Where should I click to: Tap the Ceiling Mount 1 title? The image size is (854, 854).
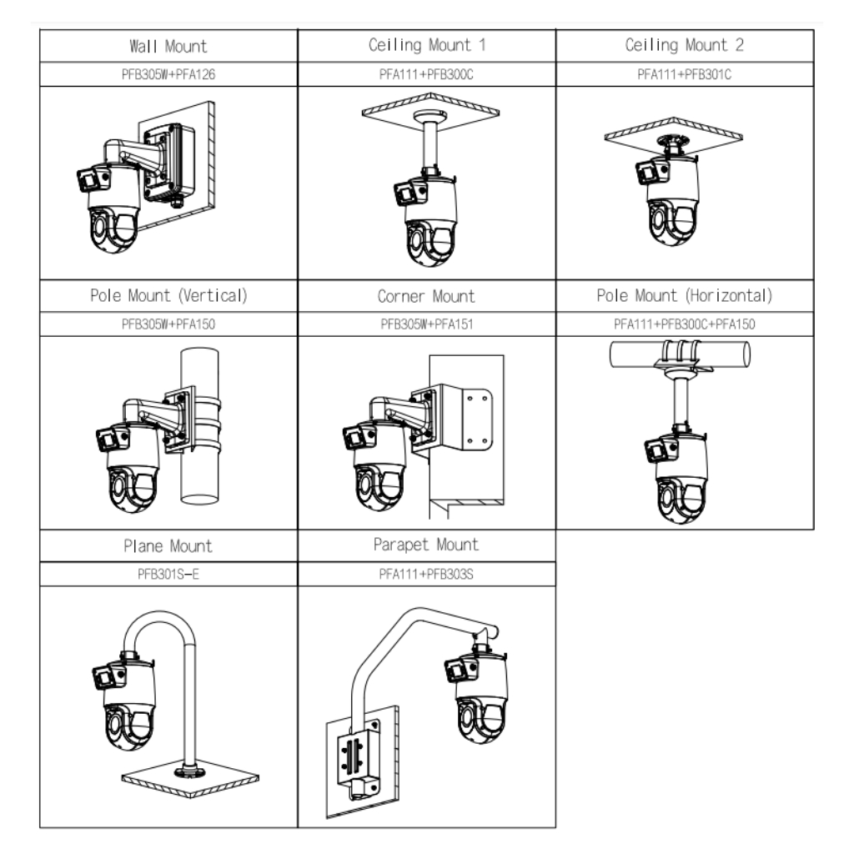(426, 45)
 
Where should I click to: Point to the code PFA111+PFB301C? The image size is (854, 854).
(685, 74)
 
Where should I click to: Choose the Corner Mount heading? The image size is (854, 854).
(426, 296)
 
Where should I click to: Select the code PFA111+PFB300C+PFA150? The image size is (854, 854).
(685, 324)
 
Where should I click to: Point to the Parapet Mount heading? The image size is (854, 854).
(426, 545)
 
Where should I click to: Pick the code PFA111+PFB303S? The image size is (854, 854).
(426, 575)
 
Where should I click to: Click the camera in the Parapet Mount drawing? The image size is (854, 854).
(475, 696)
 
